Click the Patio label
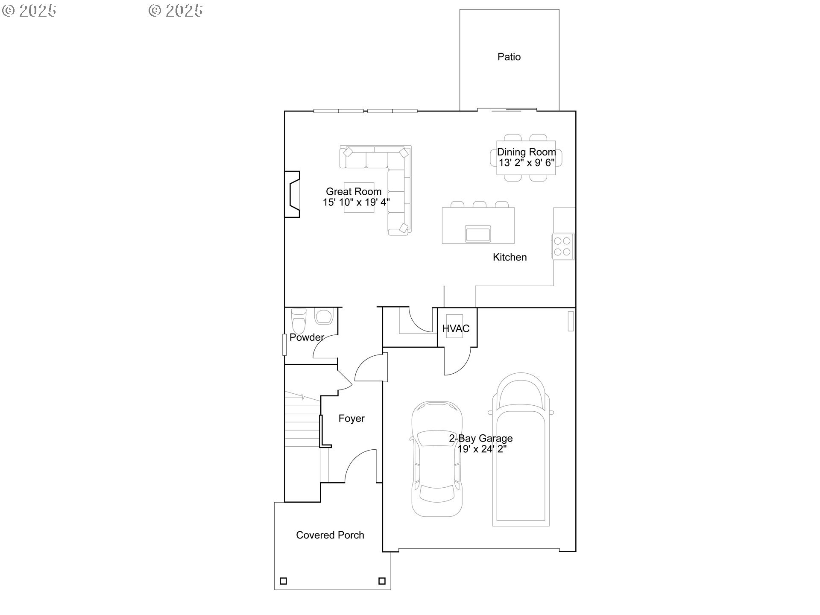(509, 57)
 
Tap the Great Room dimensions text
(356, 202)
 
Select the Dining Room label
(526, 152)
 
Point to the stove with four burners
(562, 246)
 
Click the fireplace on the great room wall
(293, 194)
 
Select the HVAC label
(456, 328)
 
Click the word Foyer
(351, 419)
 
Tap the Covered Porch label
(330, 535)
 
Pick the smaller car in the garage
(436, 459)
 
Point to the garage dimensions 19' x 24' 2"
(482, 449)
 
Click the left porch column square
(283, 581)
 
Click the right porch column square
(382, 581)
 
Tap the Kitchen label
(510, 257)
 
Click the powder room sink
(323, 317)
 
